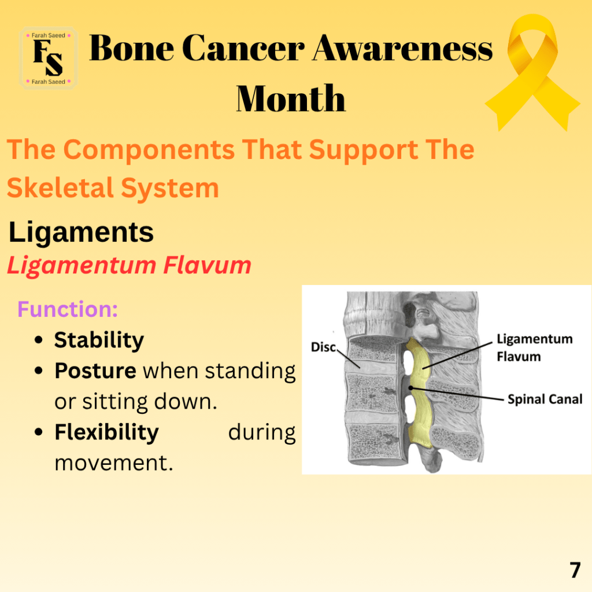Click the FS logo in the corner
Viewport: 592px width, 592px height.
(x=49, y=58)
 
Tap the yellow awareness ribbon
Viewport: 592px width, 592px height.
(x=532, y=72)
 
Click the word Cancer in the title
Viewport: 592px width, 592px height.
(x=243, y=48)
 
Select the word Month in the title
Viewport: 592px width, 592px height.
(x=291, y=98)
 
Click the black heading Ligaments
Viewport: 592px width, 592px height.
(x=81, y=232)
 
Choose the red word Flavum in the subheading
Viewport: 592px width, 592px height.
(x=208, y=265)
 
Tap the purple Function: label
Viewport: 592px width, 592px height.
(x=68, y=309)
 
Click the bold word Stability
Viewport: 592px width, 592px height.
(x=99, y=341)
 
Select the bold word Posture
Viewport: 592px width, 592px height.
(x=95, y=371)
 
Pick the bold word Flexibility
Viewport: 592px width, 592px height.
(x=106, y=432)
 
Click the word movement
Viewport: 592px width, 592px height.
(x=114, y=463)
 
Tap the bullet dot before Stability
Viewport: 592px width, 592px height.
(x=39, y=340)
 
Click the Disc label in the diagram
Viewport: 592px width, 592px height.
(x=323, y=347)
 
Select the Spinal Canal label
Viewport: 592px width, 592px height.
(x=545, y=399)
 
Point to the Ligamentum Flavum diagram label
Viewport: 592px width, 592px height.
(x=534, y=347)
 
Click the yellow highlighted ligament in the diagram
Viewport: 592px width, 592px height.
(x=419, y=393)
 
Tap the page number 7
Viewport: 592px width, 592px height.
(x=575, y=570)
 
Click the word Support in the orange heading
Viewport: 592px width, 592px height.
(x=363, y=150)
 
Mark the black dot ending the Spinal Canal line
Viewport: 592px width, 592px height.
(x=411, y=388)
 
